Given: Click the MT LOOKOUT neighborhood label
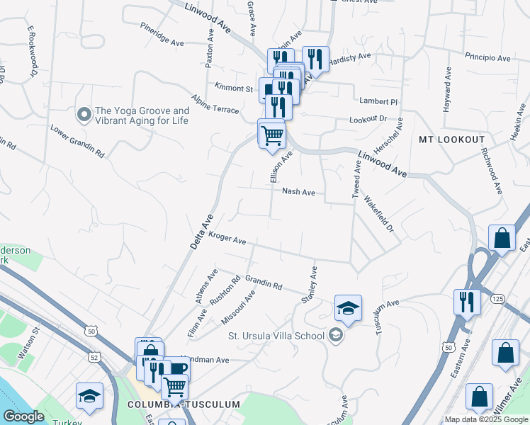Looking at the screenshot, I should (x=451, y=140).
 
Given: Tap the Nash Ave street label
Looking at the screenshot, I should (x=298, y=191).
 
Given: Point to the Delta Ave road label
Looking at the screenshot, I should (x=201, y=231).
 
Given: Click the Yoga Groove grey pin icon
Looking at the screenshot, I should (x=84, y=113).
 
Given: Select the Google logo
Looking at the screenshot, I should (x=23, y=416).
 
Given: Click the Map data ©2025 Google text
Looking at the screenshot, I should (x=486, y=419).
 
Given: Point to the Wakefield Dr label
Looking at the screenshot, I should (x=379, y=215).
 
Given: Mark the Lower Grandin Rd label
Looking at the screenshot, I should (x=77, y=142).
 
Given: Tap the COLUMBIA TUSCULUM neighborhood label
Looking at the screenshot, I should (x=184, y=404).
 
